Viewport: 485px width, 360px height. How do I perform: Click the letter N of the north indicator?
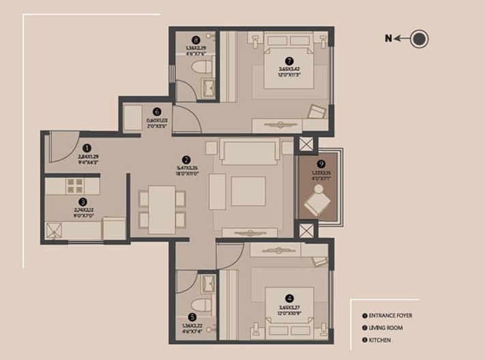[x=388, y=39]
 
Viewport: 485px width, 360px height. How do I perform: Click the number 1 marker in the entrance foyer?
[x=87, y=147]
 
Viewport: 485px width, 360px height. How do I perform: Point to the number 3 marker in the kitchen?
[x=83, y=202]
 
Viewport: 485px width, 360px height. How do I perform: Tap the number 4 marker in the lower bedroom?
[x=157, y=112]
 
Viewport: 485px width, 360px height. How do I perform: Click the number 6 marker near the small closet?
[x=196, y=40]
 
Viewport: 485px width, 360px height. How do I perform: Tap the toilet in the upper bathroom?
[x=74, y=185]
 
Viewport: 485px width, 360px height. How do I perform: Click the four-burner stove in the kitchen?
[x=248, y=191]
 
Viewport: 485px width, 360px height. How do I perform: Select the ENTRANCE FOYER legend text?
[x=386, y=328]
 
